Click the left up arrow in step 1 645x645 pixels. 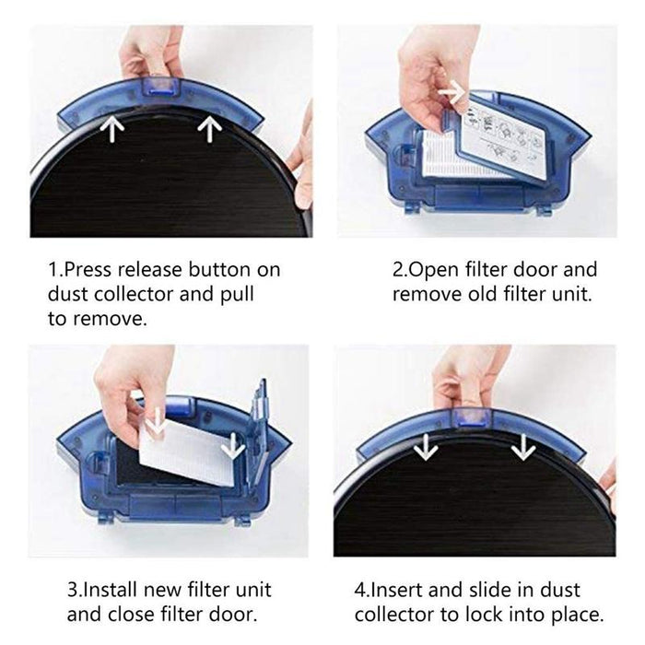pos(112,129)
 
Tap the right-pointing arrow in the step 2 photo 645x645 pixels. pos(451,92)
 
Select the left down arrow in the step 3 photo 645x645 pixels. pos(157,422)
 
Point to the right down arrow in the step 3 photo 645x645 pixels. pos(233,445)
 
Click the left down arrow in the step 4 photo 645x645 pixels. pos(425,447)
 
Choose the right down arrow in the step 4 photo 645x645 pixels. pos(523,447)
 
